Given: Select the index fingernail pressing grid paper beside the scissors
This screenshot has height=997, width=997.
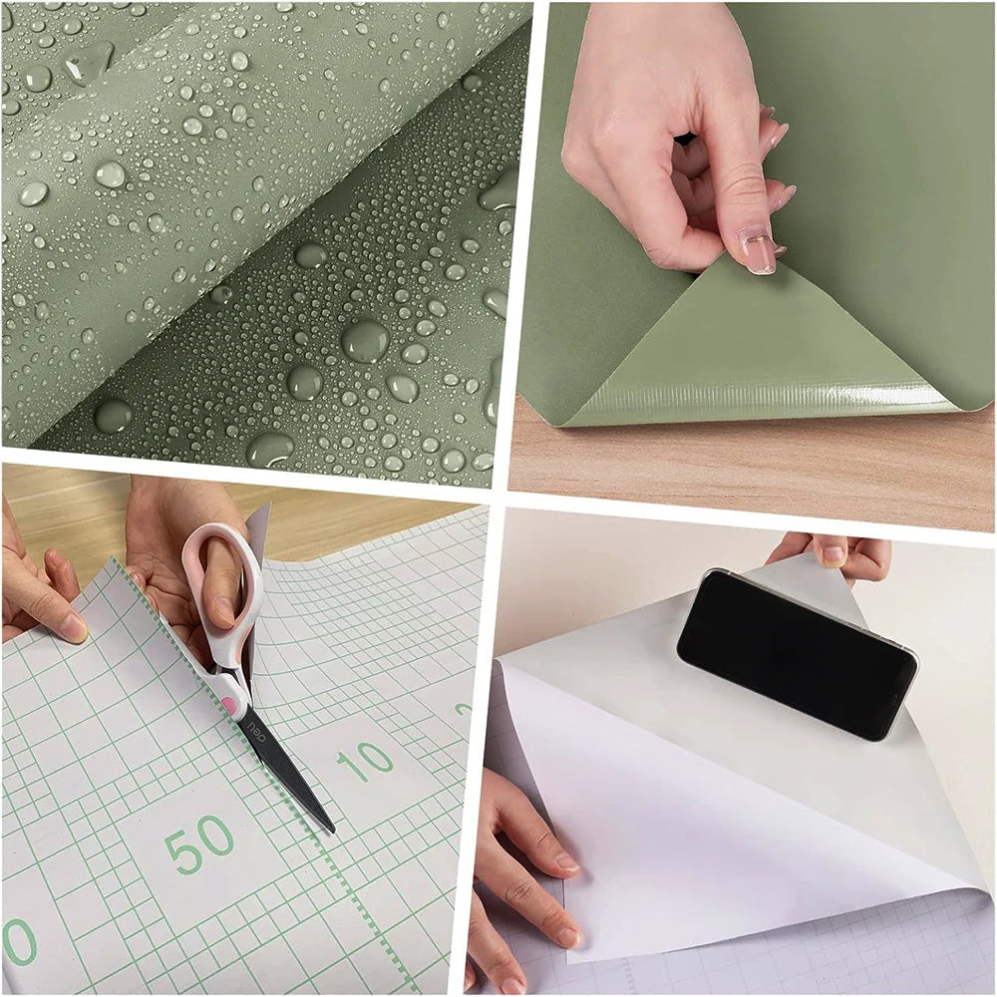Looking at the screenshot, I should coord(73,627).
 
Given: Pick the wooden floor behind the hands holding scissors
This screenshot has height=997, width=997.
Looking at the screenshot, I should coord(329,523).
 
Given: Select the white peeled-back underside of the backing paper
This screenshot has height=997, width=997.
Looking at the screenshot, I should coord(698,798).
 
